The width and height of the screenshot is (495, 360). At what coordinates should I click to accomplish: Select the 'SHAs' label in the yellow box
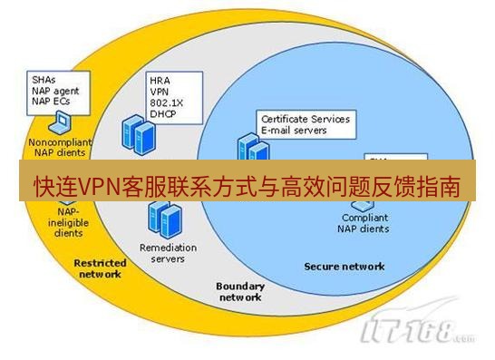click(43, 79)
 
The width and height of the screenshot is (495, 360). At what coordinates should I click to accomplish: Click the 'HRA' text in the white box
click(160, 81)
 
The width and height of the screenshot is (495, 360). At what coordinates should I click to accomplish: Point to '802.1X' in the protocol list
click(165, 103)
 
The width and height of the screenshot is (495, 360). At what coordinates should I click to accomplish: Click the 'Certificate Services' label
click(305, 119)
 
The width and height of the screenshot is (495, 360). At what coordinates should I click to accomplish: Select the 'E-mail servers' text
click(294, 131)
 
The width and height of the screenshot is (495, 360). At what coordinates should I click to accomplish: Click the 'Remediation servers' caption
click(162, 253)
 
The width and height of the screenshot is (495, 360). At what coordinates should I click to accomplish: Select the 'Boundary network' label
click(239, 291)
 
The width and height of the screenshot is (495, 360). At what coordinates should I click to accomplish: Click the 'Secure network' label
click(344, 267)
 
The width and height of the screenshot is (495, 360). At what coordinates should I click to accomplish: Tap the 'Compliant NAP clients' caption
click(365, 223)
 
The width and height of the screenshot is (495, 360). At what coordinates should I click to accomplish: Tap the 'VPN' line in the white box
click(160, 92)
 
